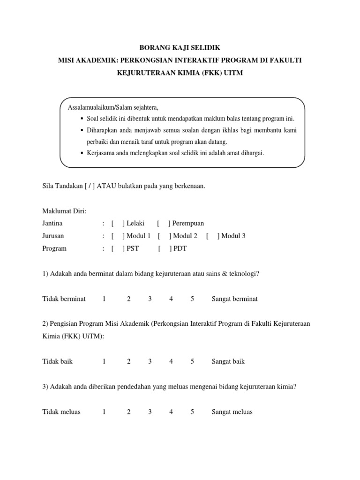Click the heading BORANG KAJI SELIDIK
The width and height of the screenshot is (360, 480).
coord(180,48)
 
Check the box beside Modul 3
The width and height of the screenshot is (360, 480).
coord(212,236)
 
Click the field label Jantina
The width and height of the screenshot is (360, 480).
coord(52,224)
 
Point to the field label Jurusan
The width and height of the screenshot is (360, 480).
coord(53,236)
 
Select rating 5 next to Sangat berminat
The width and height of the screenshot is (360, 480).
coord(192,299)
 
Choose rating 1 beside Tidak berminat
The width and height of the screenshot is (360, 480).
coord(104,299)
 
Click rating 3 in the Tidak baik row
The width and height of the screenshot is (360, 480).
coord(150,362)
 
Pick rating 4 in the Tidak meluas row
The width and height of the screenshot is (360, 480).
coord(171,412)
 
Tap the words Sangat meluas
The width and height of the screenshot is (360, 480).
coord(232,412)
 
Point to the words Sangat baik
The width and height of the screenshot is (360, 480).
coord(228,362)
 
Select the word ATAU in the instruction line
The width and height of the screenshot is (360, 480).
coord(107,186)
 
